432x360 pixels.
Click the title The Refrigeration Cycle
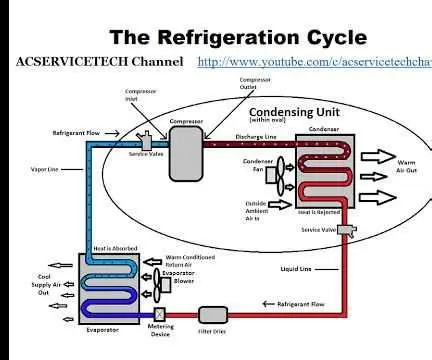pos(237,37)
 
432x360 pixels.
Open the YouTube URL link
pos(314,62)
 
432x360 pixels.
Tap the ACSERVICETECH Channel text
pos(99,62)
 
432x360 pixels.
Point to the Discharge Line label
pos(256,138)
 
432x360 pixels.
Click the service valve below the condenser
pos(346,231)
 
